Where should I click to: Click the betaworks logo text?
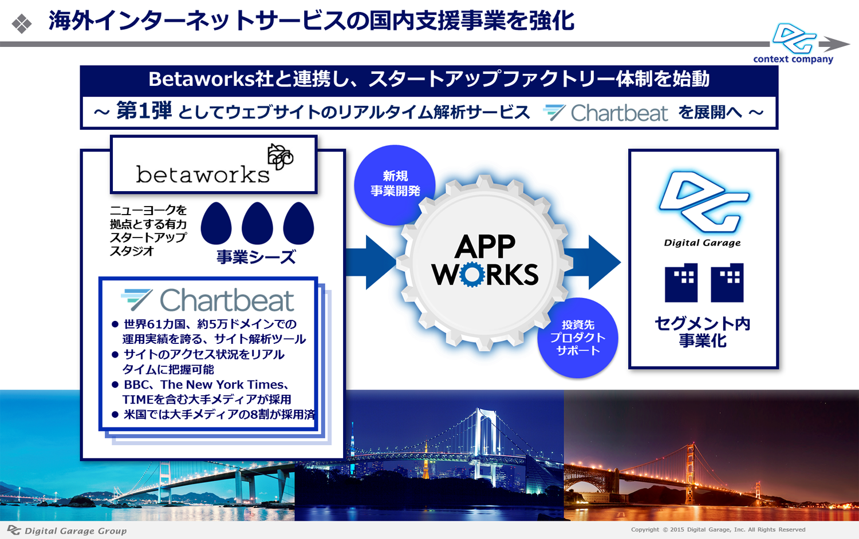coord(203,175)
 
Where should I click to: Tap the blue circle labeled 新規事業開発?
coord(395,185)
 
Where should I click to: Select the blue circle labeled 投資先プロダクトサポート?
coord(577,338)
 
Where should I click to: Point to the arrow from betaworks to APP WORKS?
coord(371,263)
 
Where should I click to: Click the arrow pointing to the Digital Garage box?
coord(593,263)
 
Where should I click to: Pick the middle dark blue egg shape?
coord(257,223)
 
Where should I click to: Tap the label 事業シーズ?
coord(256,257)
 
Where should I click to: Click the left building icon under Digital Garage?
coord(681,283)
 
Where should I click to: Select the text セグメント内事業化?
coord(703,332)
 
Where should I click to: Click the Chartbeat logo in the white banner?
coord(605,113)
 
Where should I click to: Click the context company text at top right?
coord(793,60)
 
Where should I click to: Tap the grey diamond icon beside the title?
coord(22,24)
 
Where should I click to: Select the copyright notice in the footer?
coord(718,529)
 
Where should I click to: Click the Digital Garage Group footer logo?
coord(67,530)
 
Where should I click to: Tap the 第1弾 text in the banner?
coord(144,111)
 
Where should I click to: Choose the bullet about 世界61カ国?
coord(208,332)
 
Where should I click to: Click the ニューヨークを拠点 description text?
coord(148,231)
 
